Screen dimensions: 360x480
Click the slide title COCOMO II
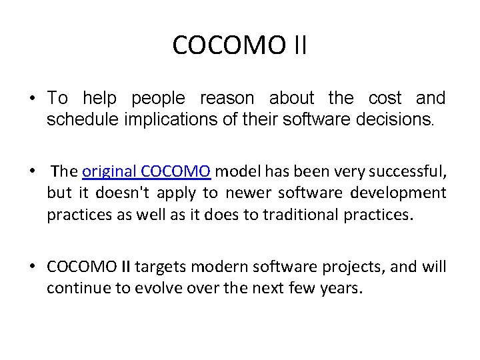coord(240,45)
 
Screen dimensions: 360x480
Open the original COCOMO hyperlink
coord(147,171)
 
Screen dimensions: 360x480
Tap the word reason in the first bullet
coord(227,99)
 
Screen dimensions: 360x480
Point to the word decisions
coord(397,121)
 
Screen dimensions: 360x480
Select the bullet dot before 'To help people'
coord(32,99)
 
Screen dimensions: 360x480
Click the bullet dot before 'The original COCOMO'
coord(32,171)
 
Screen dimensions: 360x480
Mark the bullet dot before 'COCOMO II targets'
coord(32,267)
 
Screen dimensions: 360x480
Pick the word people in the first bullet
coord(159,99)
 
